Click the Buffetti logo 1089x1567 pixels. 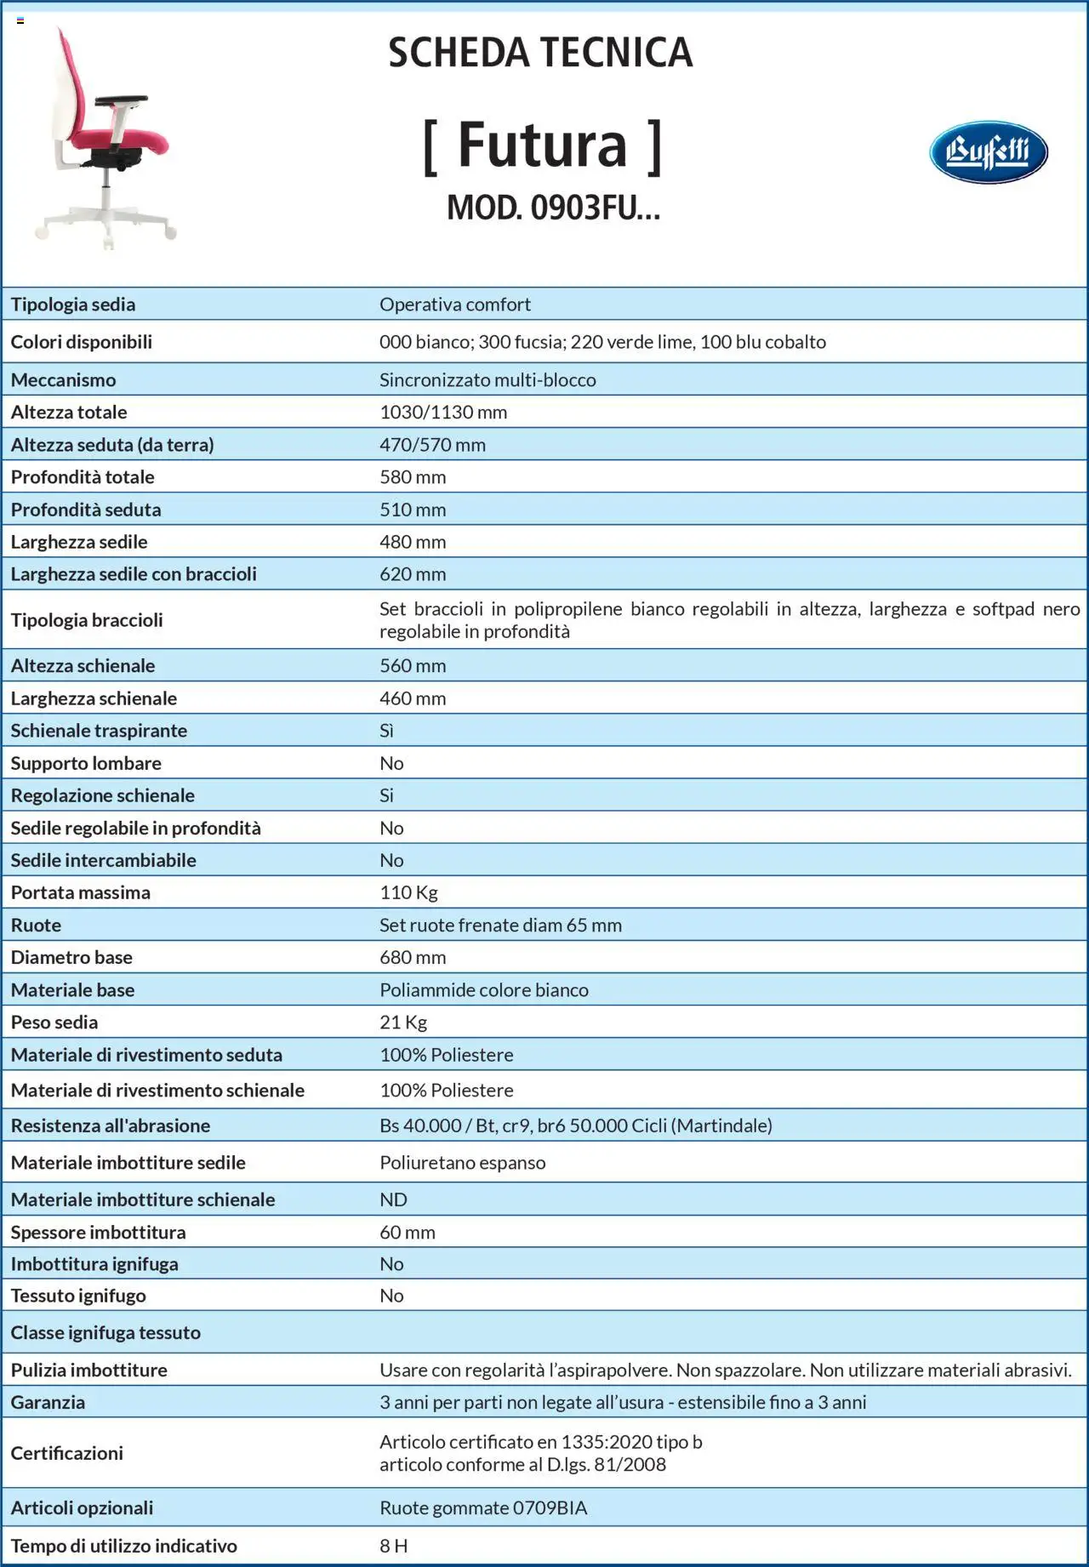click(x=988, y=152)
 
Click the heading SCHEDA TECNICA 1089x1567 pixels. click(x=540, y=53)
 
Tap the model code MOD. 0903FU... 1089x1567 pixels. click(x=553, y=207)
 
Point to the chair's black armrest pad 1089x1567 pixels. click(x=122, y=100)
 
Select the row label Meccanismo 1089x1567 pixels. click(x=63, y=379)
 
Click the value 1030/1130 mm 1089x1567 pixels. click(x=443, y=413)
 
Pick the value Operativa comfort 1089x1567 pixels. click(x=454, y=305)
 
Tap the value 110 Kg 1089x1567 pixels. click(x=408, y=892)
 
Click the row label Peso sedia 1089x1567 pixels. click(x=54, y=1023)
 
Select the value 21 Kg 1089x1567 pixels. click(x=403, y=1023)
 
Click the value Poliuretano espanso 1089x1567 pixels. click(x=463, y=1163)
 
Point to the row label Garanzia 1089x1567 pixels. click(x=48, y=1402)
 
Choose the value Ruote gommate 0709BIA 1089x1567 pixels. click(x=483, y=1507)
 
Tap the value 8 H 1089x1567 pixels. click(x=393, y=1546)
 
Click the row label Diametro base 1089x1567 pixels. click(x=71, y=957)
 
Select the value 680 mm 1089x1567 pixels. click(x=413, y=957)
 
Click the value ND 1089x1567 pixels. click(x=393, y=1199)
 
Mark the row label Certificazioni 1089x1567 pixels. click(x=66, y=1453)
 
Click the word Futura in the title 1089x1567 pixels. click(x=543, y=146)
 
